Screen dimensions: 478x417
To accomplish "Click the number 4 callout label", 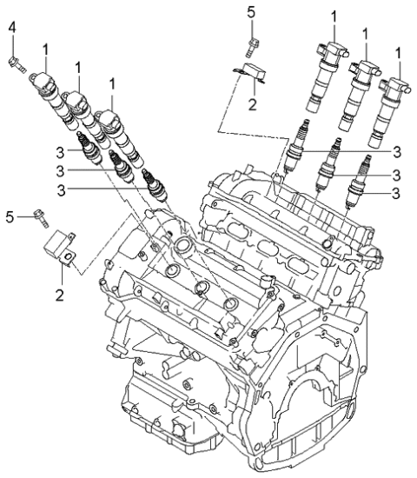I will (12, 31).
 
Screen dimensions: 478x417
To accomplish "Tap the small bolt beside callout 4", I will (15, 60).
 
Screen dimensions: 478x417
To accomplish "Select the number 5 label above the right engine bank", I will (251, 11).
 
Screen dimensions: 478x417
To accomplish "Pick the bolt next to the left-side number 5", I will (38, 214).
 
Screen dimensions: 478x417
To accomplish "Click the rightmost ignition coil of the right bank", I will (388, 108).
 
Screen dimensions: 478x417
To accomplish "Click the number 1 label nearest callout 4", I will (45, 49).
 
